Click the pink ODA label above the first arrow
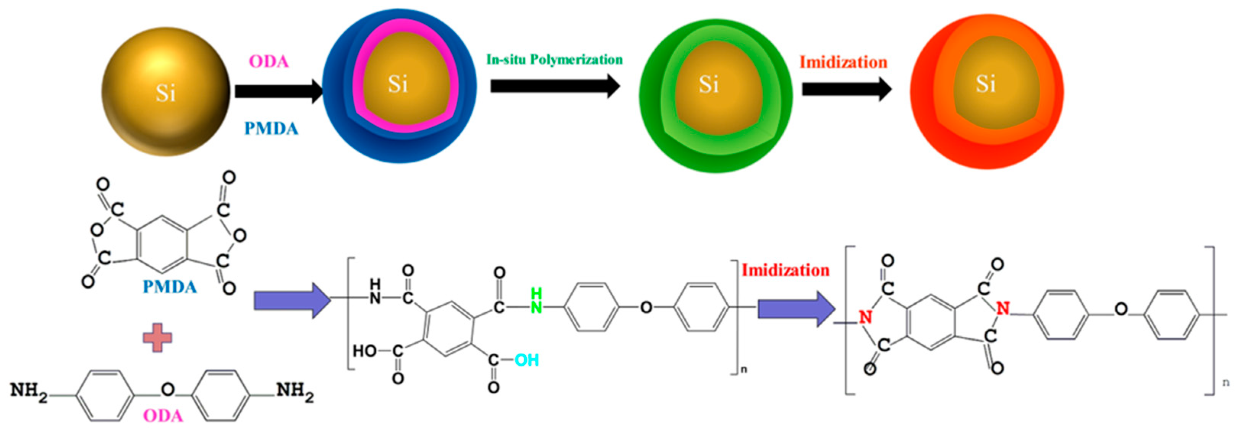tap(268, 62)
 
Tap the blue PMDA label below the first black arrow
tap(271, 128)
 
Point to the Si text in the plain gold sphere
tap(165, 93)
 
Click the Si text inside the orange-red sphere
tap(985, 84)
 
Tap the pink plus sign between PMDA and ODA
tap(157, 337)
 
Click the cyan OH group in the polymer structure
tap(527, 360)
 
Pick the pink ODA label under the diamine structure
tap(163, 416)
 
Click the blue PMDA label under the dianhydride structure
tap(170, 287)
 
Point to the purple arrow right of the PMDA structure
tap(292, 300)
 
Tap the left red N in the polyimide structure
tap(865, 317)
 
